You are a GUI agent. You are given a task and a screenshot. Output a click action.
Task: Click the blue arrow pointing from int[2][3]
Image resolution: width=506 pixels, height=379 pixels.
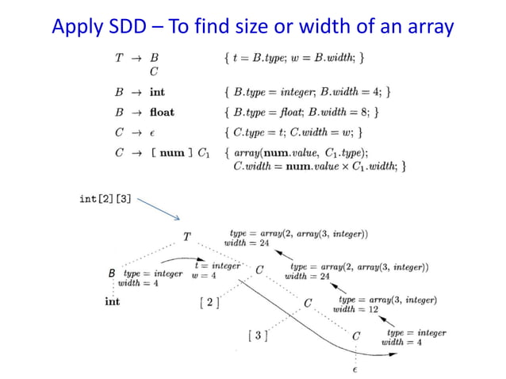pyautogui.click(x=159, y=210)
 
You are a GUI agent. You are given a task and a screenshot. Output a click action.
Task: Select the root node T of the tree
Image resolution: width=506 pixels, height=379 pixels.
pyautogui.click(x=186, y=236)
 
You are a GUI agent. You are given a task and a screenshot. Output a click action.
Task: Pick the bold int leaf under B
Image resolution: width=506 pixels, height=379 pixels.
pyautogui.click(x=112, y=301)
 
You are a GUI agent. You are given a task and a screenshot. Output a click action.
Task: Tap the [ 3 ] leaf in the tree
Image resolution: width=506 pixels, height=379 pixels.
pyautogui.click(x=257, y=336)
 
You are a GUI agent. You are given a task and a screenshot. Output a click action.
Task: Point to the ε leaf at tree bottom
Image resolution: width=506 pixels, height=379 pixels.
pyautogui.click(x=355, y=368)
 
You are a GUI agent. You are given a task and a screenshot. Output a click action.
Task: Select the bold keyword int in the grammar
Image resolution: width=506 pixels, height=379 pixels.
pyautogui.click(x=157, y=92)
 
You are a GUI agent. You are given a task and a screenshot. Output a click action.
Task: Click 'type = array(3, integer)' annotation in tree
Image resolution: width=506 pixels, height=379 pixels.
pyautogui.click(x=388, y=300)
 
